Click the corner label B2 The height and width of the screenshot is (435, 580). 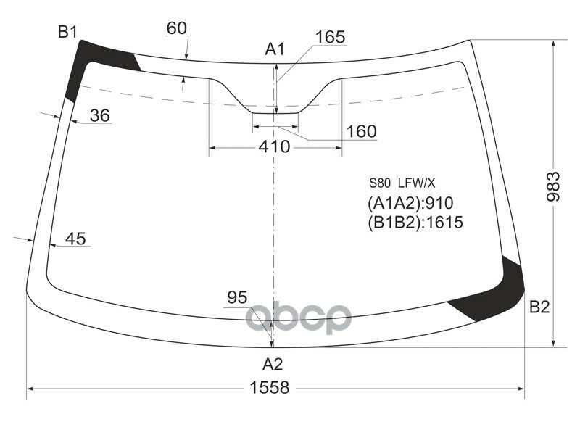(539, 307)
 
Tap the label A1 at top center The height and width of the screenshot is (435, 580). (275, 49)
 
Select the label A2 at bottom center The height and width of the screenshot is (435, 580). (272, 363)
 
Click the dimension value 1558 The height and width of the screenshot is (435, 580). (271, 388)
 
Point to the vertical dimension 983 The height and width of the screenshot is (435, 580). (553, 187)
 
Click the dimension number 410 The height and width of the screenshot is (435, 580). (274, 147)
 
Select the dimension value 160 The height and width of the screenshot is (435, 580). (361, 131)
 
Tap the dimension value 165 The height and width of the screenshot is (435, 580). (330, 37)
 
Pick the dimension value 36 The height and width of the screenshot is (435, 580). (100, 115)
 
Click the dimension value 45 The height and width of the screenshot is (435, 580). (75, 239)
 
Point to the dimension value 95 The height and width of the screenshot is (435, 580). (237, 297)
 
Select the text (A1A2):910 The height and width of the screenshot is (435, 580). (410, 203)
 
